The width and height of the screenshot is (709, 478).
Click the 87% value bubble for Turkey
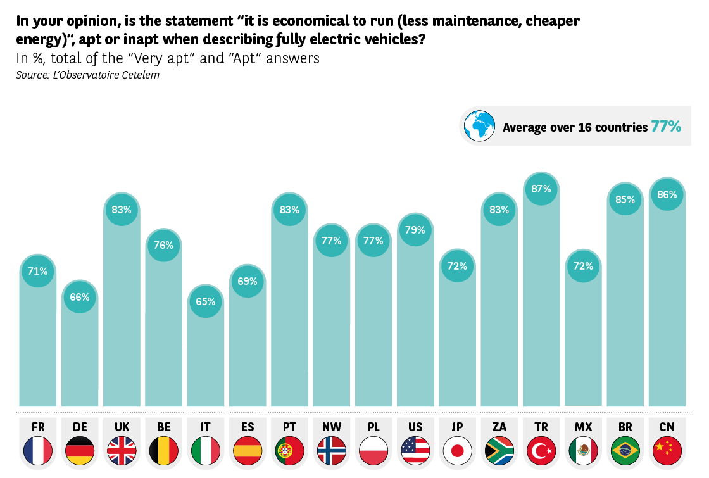(x=541, y=189)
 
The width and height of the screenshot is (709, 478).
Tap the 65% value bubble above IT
(x=205, y=301)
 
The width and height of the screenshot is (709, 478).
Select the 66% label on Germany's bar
(x=80, y=297)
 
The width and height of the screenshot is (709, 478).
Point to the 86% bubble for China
(x=667, y=194)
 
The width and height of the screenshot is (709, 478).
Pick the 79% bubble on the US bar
(x=415, y=230)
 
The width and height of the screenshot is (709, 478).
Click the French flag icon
(x=37, y=451)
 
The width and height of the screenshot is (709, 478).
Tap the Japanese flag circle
(x=457, y=451)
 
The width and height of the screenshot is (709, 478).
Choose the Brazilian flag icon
(x=625, y=451)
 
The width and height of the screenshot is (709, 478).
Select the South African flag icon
(x=499, y=451)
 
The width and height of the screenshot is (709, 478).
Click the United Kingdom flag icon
(x=122, y=451)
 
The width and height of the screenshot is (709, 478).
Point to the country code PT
(x=289, y=427)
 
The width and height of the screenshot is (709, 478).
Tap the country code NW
(x=331, y=427)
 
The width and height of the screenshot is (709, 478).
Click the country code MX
(x=583, y=427)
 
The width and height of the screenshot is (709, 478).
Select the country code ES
(x=248, y=427)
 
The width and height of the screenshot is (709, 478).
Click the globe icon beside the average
(x=479, y=126)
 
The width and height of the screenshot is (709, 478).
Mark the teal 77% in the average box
(x=666, y=127)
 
